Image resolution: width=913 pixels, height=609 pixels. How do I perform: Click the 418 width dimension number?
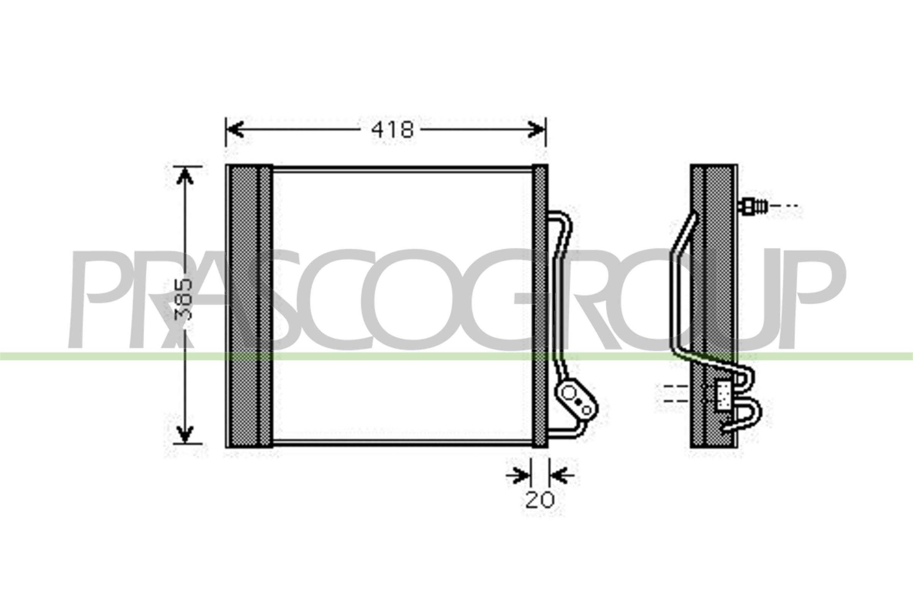(x=392, y=130)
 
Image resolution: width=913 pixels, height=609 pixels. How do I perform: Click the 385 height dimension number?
(x=184, y=300)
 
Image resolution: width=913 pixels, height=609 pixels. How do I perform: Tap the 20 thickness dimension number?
(x=539, y=500)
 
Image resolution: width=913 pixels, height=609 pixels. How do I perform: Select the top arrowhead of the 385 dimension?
(x=185, y=177)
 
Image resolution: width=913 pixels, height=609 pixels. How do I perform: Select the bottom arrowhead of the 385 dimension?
(x=185, y=434)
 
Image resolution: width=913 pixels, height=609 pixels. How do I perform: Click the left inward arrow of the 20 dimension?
(x=520, y=475)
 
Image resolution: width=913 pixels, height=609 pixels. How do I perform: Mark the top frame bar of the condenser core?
(x=402, y=169)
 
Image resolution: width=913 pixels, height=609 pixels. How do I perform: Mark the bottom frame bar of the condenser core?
(x=402, y=442)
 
